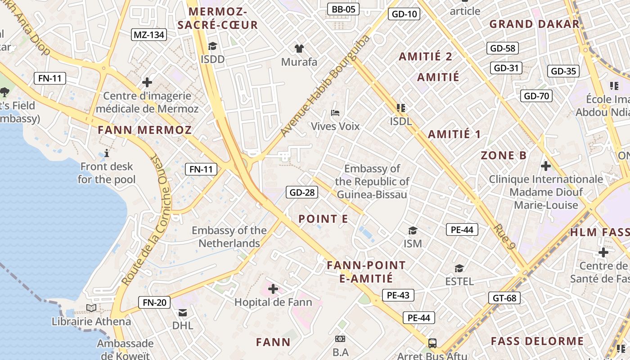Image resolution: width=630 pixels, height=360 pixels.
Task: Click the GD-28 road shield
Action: point(302,193)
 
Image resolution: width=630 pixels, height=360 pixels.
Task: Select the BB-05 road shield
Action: point(343,9)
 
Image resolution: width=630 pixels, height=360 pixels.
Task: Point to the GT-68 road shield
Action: point(504,298)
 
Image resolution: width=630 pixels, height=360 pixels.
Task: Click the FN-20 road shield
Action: point(154,302)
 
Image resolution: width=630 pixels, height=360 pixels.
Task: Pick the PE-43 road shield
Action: point(398,295)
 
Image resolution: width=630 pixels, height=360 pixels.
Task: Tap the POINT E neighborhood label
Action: point(323,219)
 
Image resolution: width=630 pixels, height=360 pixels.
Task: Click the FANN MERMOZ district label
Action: point(145,130)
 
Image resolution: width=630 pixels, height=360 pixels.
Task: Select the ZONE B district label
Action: point(504,156)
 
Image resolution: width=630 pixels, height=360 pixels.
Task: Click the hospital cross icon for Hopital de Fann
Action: point(273,288)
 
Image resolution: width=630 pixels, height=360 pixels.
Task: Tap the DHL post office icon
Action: point(183,312)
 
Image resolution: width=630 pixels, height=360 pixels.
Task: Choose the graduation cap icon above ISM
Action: point(413,231)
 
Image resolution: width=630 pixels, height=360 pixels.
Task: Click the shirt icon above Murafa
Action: point(299,48)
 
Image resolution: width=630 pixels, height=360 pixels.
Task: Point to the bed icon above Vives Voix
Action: point(335,112)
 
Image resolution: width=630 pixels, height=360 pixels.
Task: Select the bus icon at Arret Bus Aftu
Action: point(432,343)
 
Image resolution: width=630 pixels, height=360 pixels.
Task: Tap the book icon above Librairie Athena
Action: point(91,308)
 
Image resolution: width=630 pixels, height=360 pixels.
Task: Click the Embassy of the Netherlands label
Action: point(229,237)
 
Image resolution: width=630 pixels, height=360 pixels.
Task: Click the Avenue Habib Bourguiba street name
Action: point(325,85)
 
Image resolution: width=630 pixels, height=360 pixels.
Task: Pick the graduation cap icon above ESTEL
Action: point(459,269)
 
